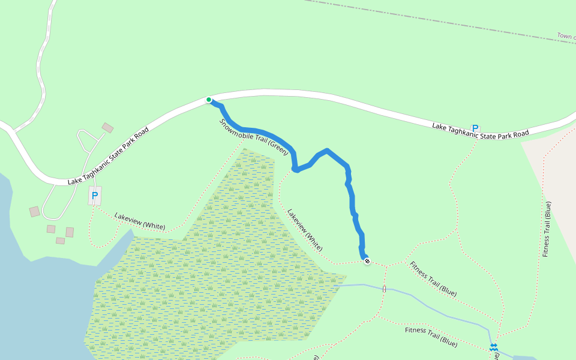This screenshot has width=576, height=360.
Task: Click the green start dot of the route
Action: [x=209, y=100]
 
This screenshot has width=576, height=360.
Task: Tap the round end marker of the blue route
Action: [x=367, y=261]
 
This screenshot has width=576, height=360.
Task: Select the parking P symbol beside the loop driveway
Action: [x=95, y=196]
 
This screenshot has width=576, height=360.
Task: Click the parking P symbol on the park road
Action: [x=475, y=128]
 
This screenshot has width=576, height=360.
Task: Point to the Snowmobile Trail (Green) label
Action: [x=254, y=137]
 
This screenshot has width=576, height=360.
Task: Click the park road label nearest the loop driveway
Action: [x=109, y=155]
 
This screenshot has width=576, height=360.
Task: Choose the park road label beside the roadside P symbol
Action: [x=480, y=130]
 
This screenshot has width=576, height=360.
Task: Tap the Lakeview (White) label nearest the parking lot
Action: [x=139, y=221]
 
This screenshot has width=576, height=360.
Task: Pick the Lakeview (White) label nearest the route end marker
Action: [x=305, y=230]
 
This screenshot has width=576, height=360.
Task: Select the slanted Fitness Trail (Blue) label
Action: [x=433, y=279]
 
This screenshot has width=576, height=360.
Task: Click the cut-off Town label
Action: [x=566, y=37]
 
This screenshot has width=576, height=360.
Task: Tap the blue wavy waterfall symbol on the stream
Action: [x=493, y=347]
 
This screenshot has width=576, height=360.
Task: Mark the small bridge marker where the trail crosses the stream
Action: [x=384, y=289]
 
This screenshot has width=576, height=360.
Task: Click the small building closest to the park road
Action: [x=107, y=128]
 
